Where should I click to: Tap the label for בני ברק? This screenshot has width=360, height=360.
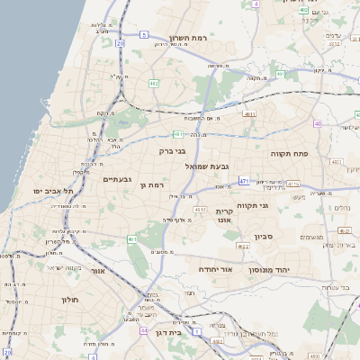click(x=172, y=151)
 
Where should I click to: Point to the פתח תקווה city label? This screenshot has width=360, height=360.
click(x=290, y=154)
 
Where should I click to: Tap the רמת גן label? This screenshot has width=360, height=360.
click(x=156, y=184)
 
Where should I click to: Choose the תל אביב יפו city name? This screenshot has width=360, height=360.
click(x=51, y=192)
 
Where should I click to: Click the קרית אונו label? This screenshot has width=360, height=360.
click(x=225, y=214)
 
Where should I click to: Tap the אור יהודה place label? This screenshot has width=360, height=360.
click(x=213, y=269)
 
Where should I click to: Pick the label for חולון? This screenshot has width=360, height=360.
click(x=71, y=300)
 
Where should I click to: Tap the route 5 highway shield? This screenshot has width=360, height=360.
click(x=143, y=34)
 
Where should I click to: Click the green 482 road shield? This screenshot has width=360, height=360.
click(x=154, y=83)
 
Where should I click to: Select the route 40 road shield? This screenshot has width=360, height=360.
click(x=318, y=122)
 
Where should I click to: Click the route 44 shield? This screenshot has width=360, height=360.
click(x=143, y=330)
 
